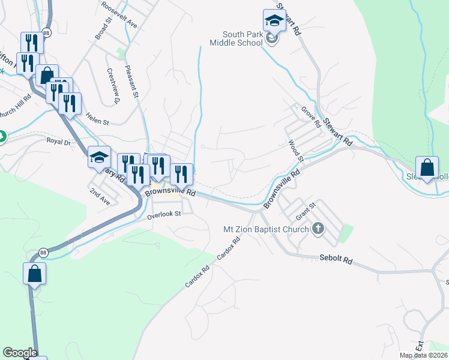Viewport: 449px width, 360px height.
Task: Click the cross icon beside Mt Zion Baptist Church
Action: [x=318, y=229]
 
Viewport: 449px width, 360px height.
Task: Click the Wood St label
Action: [x=296, y=151]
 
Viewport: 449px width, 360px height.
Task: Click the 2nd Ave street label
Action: [x=100, y=196]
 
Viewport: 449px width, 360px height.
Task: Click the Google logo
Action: [x=20, y=353]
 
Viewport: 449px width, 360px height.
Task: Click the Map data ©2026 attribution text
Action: [x=423, y=355]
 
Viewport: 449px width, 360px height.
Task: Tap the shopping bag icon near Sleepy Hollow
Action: [x=426, y=168]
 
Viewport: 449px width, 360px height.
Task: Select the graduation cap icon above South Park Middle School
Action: [x=274, y=21]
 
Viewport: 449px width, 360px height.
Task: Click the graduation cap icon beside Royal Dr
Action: [x=99, y=157]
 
